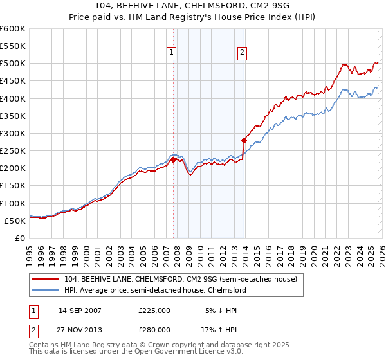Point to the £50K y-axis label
click(15, 221)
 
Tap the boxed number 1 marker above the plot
click(173, 53)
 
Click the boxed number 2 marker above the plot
click(243, 53)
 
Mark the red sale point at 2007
click(173, 160)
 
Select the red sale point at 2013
click(244, 140)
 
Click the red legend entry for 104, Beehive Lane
click(181, 279)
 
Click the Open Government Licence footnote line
click(126, 354)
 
